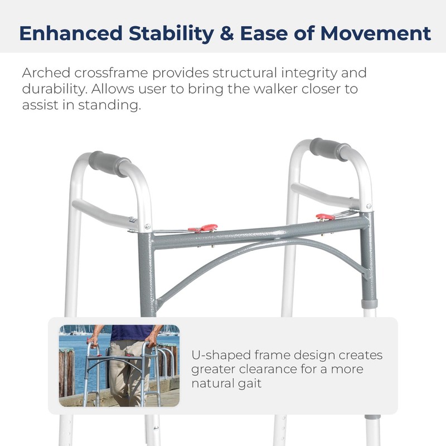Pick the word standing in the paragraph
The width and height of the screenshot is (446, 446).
point(110,105)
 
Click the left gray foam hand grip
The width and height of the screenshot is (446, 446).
point(108,163)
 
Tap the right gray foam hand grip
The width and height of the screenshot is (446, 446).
point(330,149)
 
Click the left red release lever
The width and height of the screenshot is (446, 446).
point(203,227)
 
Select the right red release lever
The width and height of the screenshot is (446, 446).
point(324,216)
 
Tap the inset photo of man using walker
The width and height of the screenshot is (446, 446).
point(119,366)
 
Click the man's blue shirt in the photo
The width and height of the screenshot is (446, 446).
point(132,332)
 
